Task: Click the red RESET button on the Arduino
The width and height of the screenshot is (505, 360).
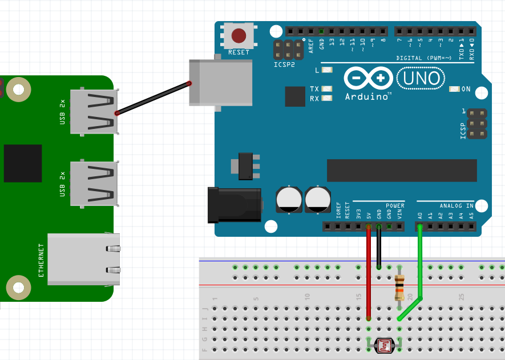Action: tap(239, 37)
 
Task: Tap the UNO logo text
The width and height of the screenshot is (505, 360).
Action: tap(421, 78)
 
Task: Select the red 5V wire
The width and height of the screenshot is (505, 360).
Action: tap(369, 274)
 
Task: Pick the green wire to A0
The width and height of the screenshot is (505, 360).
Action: tap(420, 262)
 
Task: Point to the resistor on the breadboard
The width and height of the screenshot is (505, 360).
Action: tap(399, 287)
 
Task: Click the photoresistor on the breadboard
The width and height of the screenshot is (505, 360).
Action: tap(384, 344)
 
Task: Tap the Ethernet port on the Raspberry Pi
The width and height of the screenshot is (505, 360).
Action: tap(84, 259)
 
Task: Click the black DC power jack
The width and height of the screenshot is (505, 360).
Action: tap(234, 205)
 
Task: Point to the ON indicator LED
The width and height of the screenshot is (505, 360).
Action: tap(454, 89)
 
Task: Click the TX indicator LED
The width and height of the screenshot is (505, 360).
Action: tap(327, 89)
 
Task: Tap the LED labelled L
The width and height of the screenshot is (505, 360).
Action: tap(327, 70)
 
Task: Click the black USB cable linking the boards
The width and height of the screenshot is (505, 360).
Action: tap(153, 99)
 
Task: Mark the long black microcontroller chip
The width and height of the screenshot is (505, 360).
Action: tap(401, 171)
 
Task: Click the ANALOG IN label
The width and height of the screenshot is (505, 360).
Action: tap(456, 205)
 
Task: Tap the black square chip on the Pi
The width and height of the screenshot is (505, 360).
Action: tap(23, 163)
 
